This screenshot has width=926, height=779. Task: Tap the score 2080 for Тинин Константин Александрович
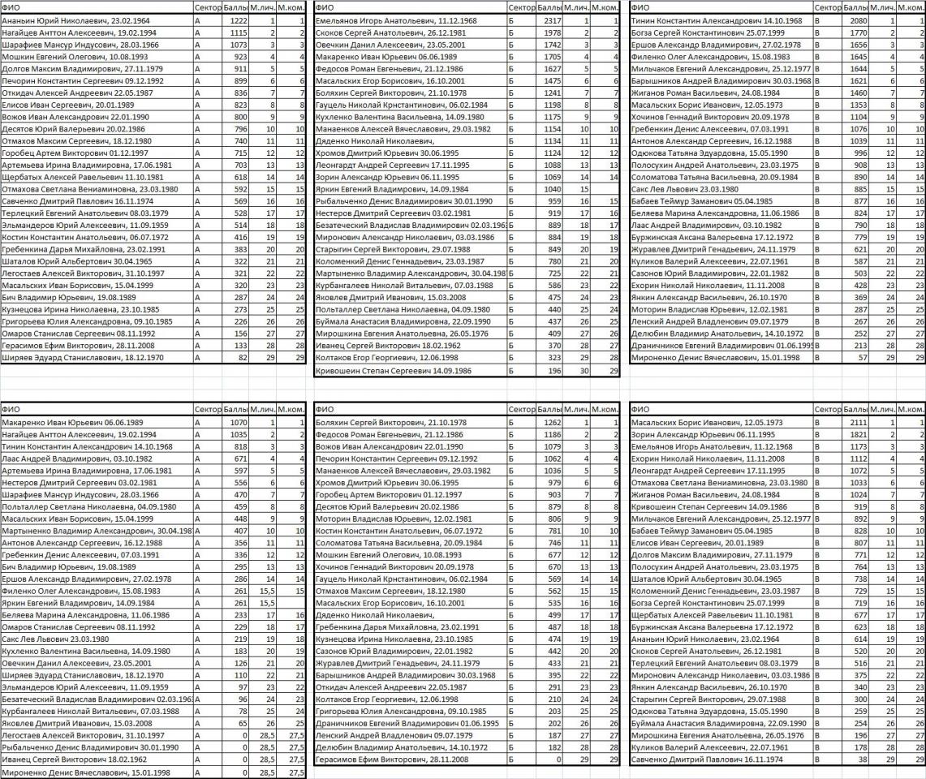pos(855,19)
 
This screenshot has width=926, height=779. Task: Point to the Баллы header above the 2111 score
pos(855,411)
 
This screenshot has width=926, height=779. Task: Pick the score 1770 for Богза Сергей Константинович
pos(855,32)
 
